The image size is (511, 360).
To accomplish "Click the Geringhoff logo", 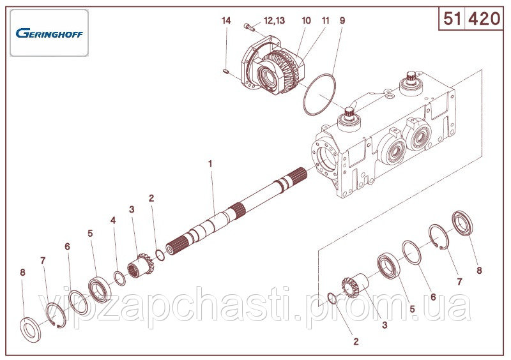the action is coord(49,33).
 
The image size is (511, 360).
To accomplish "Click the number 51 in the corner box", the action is coord(452,19).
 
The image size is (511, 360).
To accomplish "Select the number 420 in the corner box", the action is coord(484,19).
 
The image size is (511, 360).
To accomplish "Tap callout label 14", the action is coord(226,20).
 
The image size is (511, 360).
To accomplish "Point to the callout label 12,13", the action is coord(274,21).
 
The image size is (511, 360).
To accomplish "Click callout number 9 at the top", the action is coord(342,20).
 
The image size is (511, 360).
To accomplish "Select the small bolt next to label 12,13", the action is coord(249,27).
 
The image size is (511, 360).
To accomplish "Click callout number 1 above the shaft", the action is coord(211,164).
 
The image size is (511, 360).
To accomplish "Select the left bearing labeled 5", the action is coord(100,289).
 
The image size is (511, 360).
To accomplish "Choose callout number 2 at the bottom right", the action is coord(356,341).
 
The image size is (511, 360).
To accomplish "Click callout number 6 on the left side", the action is coord(67,246).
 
